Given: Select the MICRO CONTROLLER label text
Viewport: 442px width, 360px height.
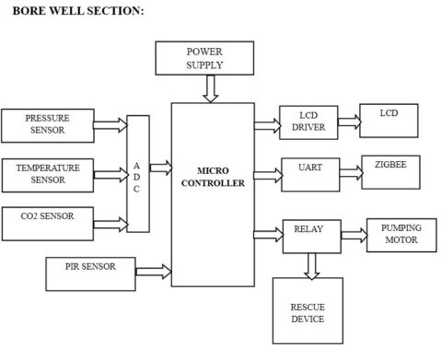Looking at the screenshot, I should [213, 177].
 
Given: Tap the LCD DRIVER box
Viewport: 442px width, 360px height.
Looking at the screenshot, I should [308, 121].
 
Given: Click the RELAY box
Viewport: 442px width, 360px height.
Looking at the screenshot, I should [308, 234].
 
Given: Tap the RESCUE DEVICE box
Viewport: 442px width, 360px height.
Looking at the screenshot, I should [308, 312].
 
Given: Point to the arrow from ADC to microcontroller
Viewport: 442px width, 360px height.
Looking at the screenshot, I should [159, 168].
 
